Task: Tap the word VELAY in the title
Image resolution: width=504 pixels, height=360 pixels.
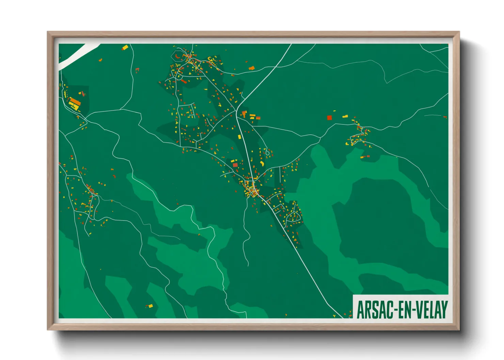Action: coord(430,310)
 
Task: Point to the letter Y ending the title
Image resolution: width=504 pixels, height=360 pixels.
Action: coord(444,310)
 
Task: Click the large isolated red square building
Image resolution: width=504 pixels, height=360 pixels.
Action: coord(329,118)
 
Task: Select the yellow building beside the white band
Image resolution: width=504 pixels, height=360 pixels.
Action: coord(125,47)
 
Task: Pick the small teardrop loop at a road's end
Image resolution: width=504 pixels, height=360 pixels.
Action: coord(268,153)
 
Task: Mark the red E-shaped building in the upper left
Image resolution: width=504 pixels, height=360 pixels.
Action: coord(137,70)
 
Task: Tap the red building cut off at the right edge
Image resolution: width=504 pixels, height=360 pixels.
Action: coord(445,117)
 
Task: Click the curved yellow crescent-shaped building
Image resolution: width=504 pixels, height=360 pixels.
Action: coord(262,164)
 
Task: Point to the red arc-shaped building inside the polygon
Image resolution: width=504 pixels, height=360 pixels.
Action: coord(177,56)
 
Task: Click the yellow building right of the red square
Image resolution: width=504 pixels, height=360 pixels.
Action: coord(345,117)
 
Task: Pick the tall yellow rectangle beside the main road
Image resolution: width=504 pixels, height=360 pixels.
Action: coord(239,137)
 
